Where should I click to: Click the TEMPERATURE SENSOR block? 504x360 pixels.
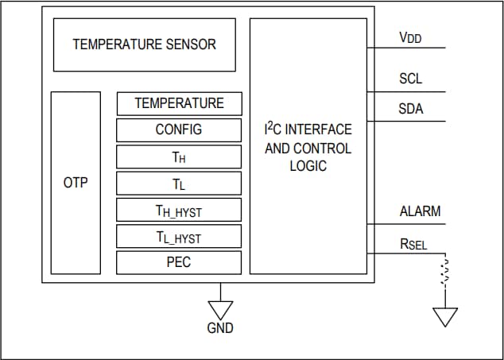144,45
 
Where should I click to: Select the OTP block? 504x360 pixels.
76,184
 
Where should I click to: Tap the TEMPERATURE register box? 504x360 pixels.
179,103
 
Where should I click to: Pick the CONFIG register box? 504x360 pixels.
179,130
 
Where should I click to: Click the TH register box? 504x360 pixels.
179,157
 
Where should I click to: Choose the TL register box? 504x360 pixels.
179,184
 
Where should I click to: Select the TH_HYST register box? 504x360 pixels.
179,211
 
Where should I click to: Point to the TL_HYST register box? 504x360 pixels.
179,237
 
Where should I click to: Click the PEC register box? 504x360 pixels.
179,262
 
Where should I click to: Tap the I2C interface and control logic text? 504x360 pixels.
308,147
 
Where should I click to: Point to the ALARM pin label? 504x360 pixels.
420,211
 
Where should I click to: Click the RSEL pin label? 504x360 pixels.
413,244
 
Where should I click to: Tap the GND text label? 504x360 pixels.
220,327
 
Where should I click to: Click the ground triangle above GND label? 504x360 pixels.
220,309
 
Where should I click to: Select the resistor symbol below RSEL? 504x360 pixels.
445,271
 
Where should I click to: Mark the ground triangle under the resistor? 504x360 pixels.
445,316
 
